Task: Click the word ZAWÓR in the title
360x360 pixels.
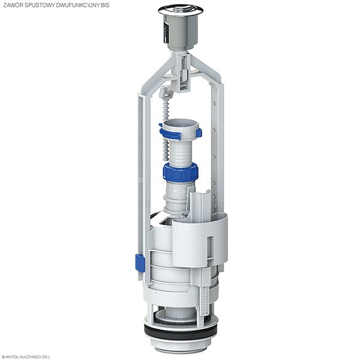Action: click(x=13, y=5)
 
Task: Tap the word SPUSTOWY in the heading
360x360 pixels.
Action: click(x=39, y=5)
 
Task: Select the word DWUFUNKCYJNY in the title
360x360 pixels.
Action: click(x=77, y=5)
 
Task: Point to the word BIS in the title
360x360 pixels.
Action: click(x=105, y=5)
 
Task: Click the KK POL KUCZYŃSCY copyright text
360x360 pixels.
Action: click(x=26, y=357)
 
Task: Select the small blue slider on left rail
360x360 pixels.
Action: click(x=140, y=263)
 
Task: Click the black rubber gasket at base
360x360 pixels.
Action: click(x=181, y=332)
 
